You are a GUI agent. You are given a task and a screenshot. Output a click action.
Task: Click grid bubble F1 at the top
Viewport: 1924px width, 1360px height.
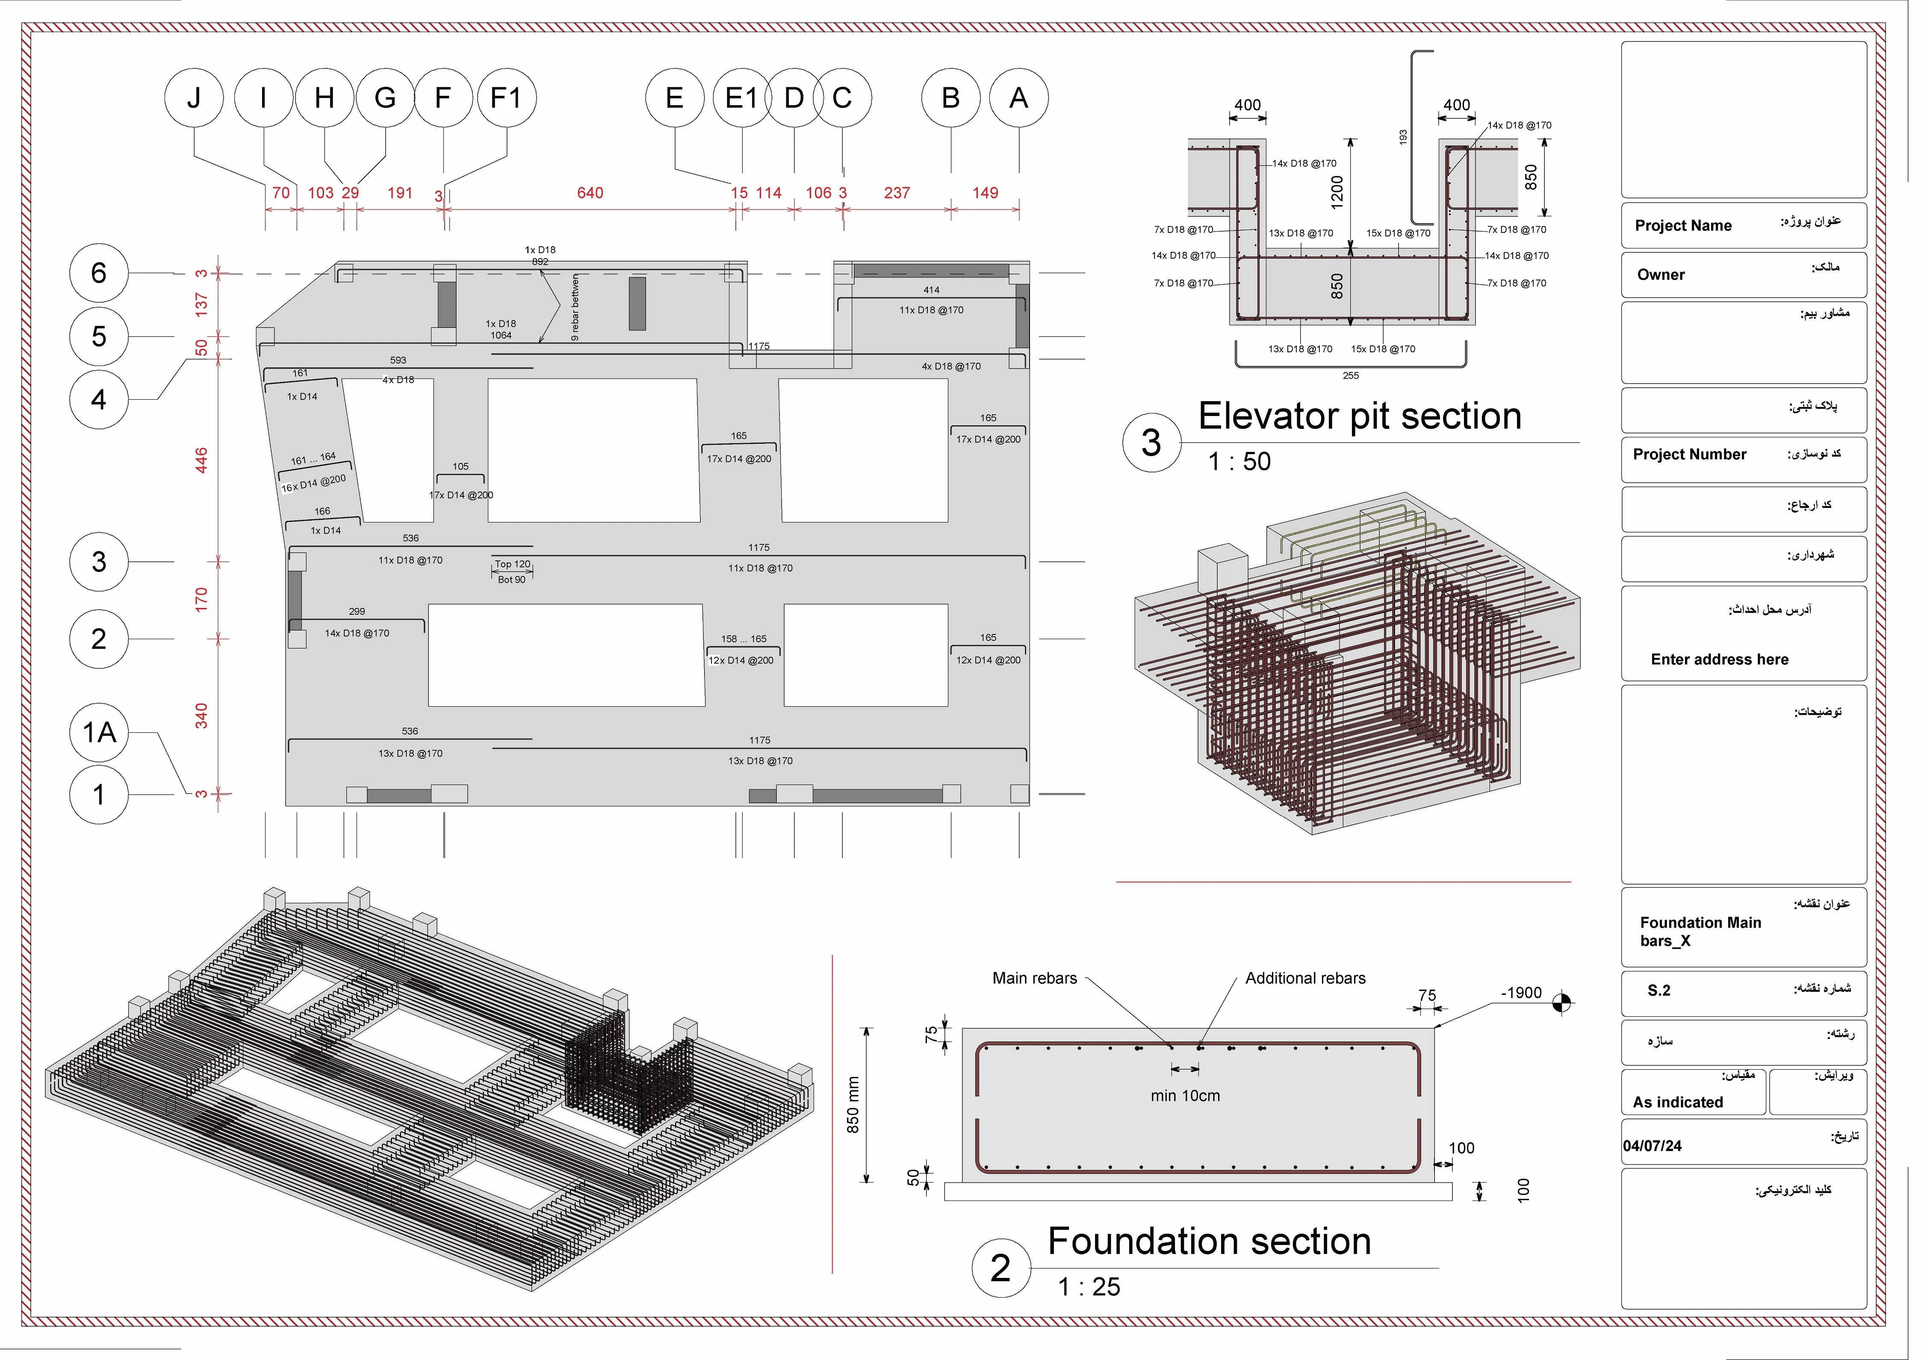coord(506,98)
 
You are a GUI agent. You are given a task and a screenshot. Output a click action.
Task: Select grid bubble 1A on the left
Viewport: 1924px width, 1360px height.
coord(99,732)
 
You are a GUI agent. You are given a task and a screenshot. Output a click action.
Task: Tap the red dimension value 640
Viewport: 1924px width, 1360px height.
coord(590,193)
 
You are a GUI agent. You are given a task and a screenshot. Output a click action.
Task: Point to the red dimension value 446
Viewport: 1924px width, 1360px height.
coord(201,460)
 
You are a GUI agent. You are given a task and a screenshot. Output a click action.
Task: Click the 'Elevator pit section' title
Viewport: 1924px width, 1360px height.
coord(1359,416)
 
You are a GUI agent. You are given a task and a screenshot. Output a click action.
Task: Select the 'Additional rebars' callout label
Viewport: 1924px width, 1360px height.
coord(1305,978)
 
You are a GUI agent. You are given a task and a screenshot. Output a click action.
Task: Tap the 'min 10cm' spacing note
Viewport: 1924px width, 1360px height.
coord(1185,1095)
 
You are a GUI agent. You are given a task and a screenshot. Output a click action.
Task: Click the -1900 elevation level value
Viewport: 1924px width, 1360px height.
coord(1521,993)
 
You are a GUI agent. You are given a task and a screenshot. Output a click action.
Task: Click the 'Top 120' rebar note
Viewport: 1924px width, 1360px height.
coord(512,564)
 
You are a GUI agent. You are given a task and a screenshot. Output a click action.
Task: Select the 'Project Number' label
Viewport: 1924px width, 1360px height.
coord(1689,454)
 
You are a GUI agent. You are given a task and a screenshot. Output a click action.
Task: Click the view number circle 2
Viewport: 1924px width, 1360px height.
coord(1000,1268)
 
